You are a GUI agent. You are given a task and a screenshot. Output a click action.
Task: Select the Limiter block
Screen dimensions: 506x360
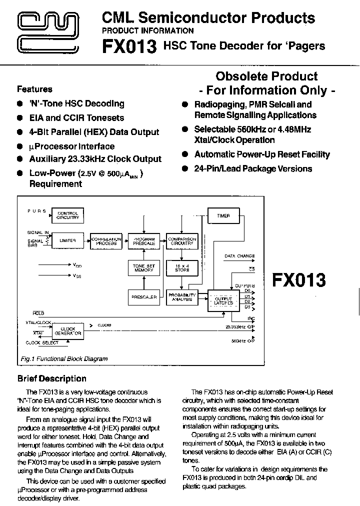tap(67, 241)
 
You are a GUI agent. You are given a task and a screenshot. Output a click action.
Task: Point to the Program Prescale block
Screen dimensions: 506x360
tap(143, 241)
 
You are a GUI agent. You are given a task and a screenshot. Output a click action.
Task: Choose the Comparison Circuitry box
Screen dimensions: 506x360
tap(182, 241)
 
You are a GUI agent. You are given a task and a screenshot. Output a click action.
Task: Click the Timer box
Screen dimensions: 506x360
tap(223, 216)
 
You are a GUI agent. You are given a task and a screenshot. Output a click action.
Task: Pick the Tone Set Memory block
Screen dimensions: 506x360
tap(143, 267)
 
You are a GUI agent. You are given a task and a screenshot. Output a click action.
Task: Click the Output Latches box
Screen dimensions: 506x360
tap(223, 300)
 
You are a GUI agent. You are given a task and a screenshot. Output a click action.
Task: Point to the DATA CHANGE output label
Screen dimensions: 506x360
tap(239, 256)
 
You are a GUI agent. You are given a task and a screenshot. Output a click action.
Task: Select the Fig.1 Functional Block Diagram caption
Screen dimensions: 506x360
tap(64, 358)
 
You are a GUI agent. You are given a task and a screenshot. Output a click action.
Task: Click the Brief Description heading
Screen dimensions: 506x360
tap(51, 378)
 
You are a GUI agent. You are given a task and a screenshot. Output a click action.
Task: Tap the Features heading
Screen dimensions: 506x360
tap(34, 89)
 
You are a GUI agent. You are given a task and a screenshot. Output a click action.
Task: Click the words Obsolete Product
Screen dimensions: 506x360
tap(266, 76)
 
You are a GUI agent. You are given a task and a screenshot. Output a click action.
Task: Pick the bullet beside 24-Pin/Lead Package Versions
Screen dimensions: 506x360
tap(184, 169)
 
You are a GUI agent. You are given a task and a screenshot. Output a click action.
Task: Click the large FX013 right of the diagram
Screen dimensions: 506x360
tap(298, 280)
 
